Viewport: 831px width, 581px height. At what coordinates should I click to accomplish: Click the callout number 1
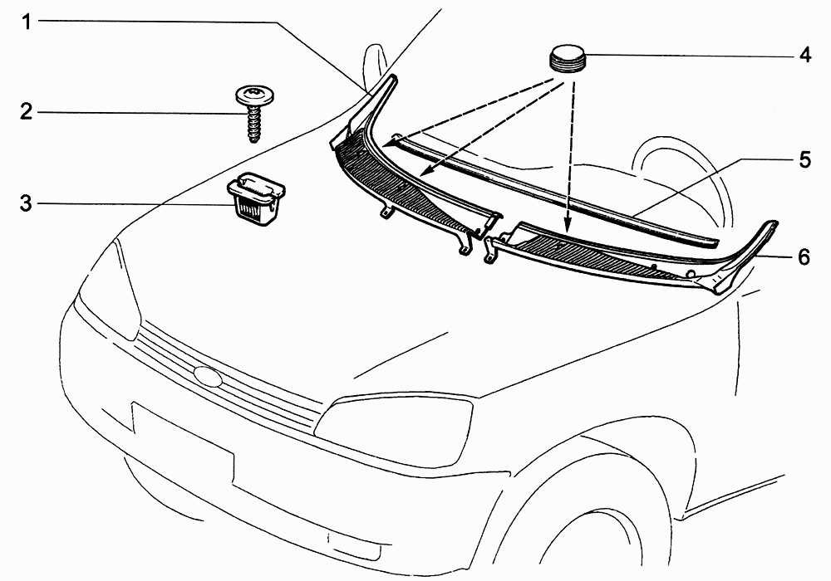[27, 22]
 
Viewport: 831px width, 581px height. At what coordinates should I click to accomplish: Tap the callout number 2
[27, 112]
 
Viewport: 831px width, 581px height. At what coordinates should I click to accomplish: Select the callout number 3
[27, 203]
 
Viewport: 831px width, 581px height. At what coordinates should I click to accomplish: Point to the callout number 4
[805, 55]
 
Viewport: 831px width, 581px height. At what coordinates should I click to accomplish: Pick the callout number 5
[805, 159]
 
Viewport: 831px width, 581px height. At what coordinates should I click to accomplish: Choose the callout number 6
[804, 256]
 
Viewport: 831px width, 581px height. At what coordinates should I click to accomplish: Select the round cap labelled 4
[567, 58]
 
